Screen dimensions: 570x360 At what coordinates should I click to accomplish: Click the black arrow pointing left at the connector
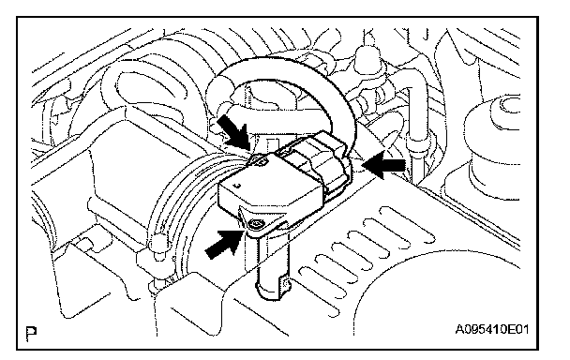pyautogui.click(x=384, y=165)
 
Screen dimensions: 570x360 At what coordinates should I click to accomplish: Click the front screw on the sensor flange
pyautogui.click(x=258, y=224)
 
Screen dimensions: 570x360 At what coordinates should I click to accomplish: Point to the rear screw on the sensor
pyautogui.click(x=259, y=161)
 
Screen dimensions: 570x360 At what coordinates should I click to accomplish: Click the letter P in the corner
pyautogui.click(x=32, y=334)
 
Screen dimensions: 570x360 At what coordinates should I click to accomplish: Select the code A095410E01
pyautogui.click(x=491, y=330)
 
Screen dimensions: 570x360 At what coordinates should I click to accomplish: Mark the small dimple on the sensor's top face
pyautogui.click(x=238, y=186)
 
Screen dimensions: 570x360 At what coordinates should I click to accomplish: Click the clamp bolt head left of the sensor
pyautogui.click(x=157, y=243)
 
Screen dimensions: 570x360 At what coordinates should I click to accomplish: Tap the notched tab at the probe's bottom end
pyautogui.click(x=285, y=284)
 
